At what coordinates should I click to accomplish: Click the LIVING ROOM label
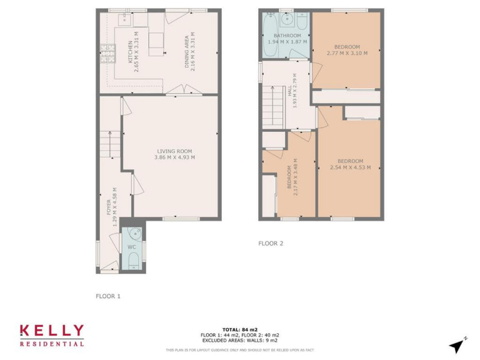174,151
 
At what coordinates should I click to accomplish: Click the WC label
132,247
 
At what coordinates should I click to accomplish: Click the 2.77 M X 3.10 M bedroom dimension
347,54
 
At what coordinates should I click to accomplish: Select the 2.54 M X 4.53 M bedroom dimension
350,167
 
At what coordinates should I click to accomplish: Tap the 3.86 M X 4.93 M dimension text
174,157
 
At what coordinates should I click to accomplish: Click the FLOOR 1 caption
107,296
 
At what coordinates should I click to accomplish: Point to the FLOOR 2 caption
271,244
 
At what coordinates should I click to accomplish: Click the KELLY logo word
51,331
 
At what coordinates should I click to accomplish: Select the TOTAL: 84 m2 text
239,329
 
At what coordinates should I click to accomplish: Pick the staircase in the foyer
110,144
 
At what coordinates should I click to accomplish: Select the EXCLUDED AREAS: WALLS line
239,339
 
